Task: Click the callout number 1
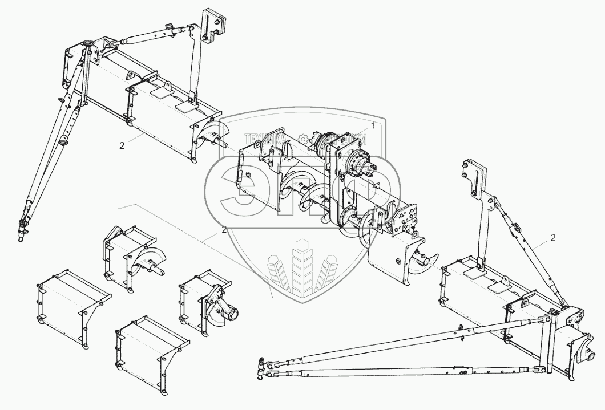point(372,124)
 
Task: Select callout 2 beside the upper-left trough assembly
point(122,145)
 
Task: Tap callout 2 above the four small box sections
point(224,230)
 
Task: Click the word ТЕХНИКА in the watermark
point(261,139)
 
